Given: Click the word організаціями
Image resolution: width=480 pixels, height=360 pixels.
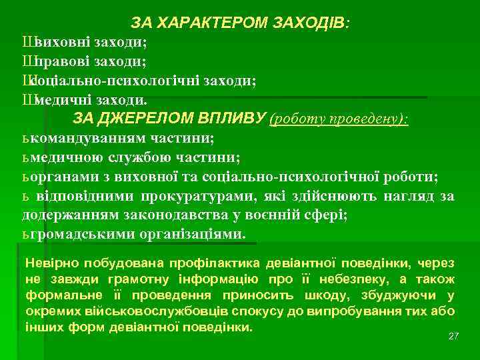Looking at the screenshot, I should [193, 235].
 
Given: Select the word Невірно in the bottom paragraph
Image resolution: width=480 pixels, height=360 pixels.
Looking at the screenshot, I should [47, 263].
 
